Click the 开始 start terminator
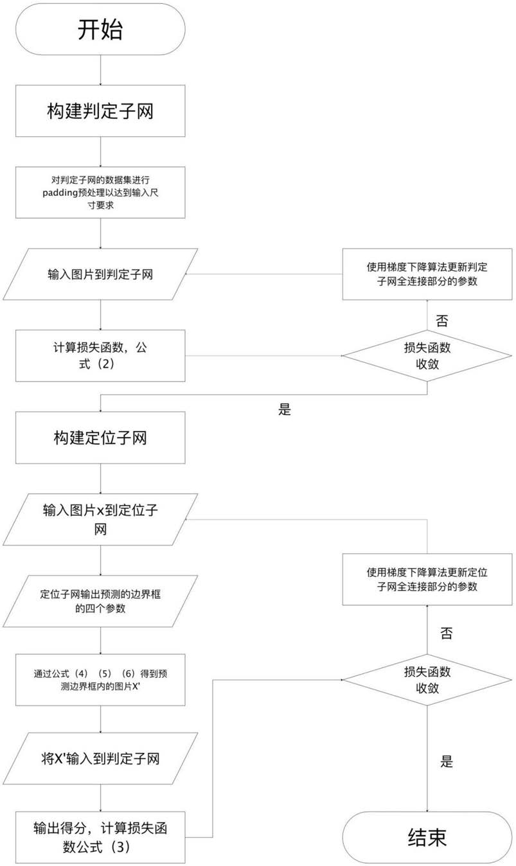click(100, 29)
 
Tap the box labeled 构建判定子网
click(100, 111)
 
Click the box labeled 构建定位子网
click(100, 437)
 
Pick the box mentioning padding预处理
click(100, 193)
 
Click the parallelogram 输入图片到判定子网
click(100, 274)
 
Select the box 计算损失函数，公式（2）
click(100, 356)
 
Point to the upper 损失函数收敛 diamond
click(427, 356)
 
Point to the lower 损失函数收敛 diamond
click(427, 680)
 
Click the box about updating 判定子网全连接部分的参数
click(427, 274)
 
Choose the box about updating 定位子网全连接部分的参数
click(427, 579)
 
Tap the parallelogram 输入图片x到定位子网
click(100, 519)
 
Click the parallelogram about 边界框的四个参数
click(100, 601)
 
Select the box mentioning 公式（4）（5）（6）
click(100, 680)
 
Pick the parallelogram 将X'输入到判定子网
click(100, 759)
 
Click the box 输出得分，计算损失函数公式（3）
click(100, 837)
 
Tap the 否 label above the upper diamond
click(442, 321)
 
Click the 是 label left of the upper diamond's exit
click(284, 409)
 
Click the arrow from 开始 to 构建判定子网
click(101, 70)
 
